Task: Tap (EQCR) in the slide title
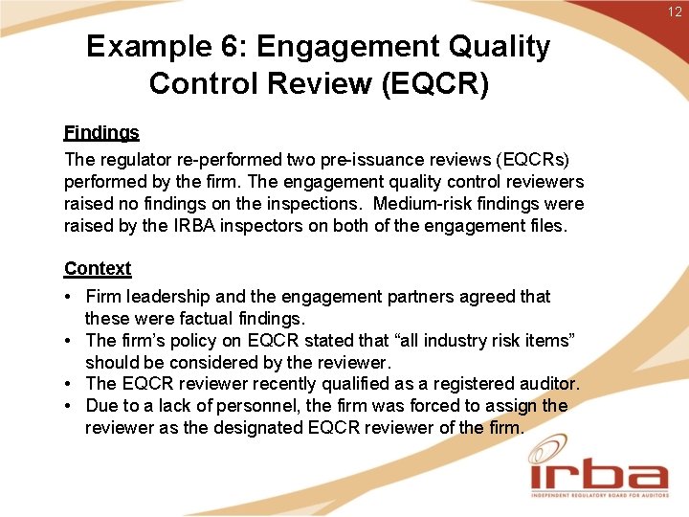(x=434, y=84)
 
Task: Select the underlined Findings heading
(x=101, y=133)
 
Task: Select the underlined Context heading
(x=98, y=269)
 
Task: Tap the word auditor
(x=547, y=384)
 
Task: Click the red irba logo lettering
(x=599, y=475)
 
